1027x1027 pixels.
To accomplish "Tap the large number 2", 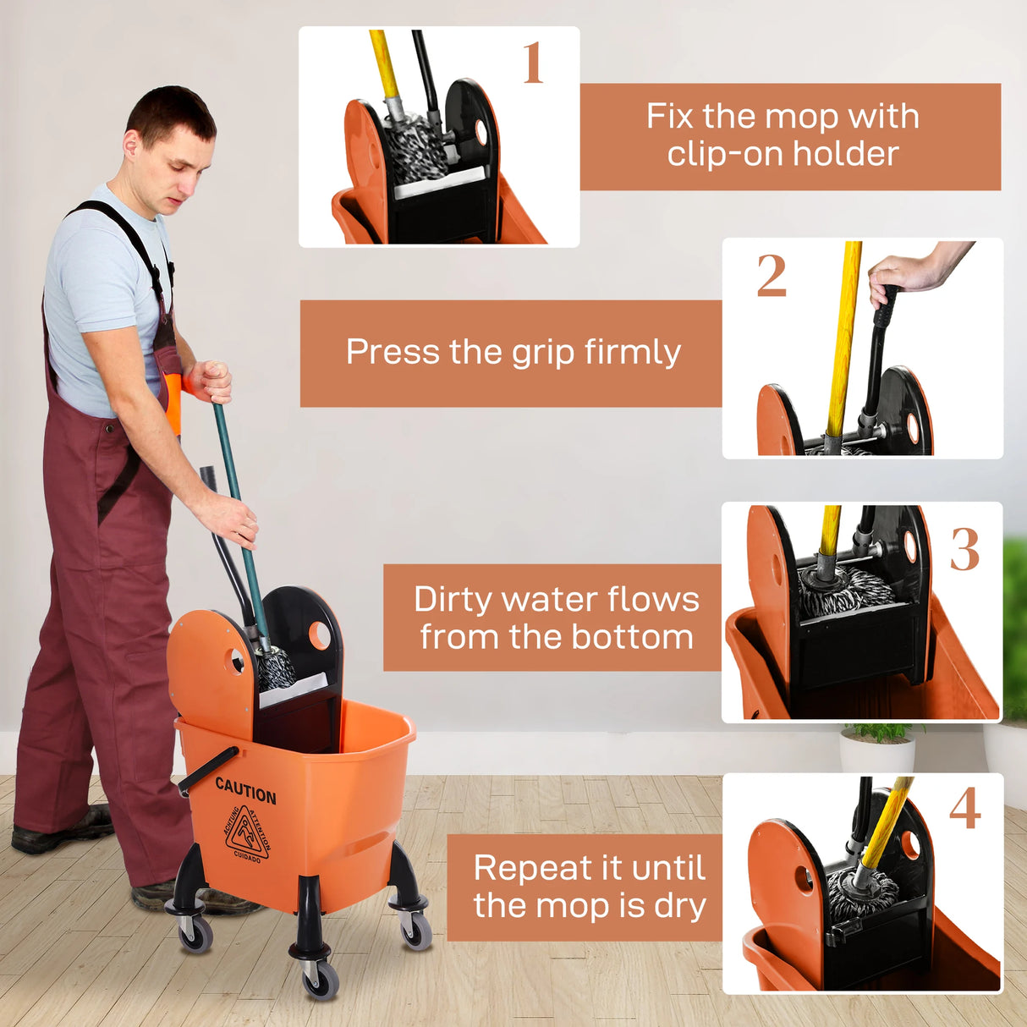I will click(x=771, y=276).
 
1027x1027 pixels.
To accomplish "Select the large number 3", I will click(x=964, y=550).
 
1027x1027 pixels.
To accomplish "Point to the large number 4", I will click(x=964, y=809).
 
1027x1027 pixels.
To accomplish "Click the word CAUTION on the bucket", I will click(x=245, y=790).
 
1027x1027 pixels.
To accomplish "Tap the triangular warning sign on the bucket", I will click(x=247, y=833).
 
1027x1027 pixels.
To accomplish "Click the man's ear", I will click(x=131, y=144).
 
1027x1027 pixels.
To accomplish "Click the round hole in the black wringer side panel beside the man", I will click(x=320, y=634).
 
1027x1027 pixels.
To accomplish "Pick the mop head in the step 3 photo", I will click(x=846, y=593).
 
